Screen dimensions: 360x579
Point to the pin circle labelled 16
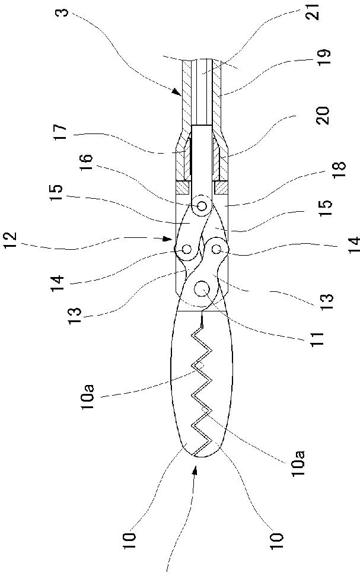tap(202, 206)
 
